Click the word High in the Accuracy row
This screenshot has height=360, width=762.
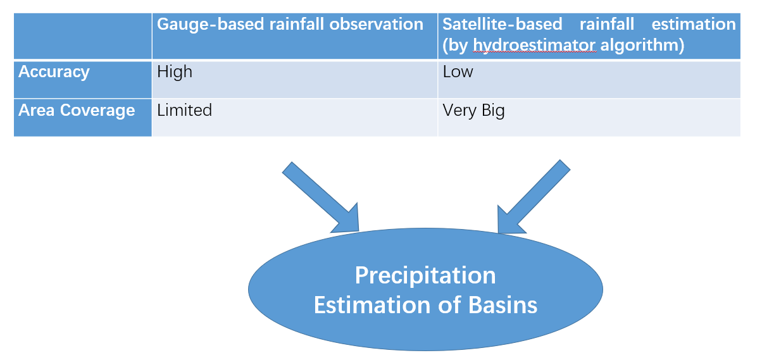175,72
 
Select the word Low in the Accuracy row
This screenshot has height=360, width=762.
458,72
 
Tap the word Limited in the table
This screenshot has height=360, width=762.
184,110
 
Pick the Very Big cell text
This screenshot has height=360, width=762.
473,111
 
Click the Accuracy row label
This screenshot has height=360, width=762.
54,72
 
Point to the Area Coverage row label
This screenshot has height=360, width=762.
77,111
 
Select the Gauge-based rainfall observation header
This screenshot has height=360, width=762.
290,25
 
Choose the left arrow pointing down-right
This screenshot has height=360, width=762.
320,196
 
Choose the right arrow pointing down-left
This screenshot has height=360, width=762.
533,196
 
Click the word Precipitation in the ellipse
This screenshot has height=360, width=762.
425,276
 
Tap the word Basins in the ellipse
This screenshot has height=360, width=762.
503,305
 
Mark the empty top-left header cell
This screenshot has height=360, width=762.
82,36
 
